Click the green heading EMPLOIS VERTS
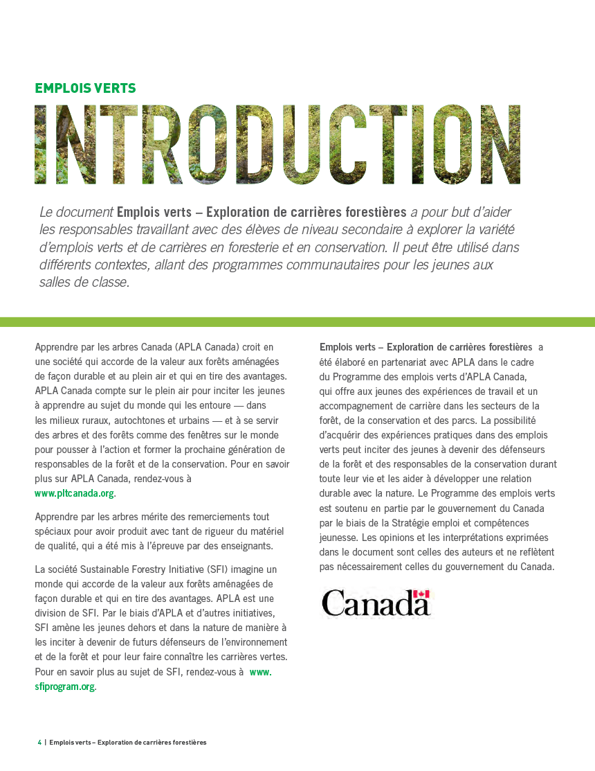[85, 89]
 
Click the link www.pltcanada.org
[75, 494]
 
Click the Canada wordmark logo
[376, 603]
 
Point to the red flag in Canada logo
[421, 594]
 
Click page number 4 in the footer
[39, 743]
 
